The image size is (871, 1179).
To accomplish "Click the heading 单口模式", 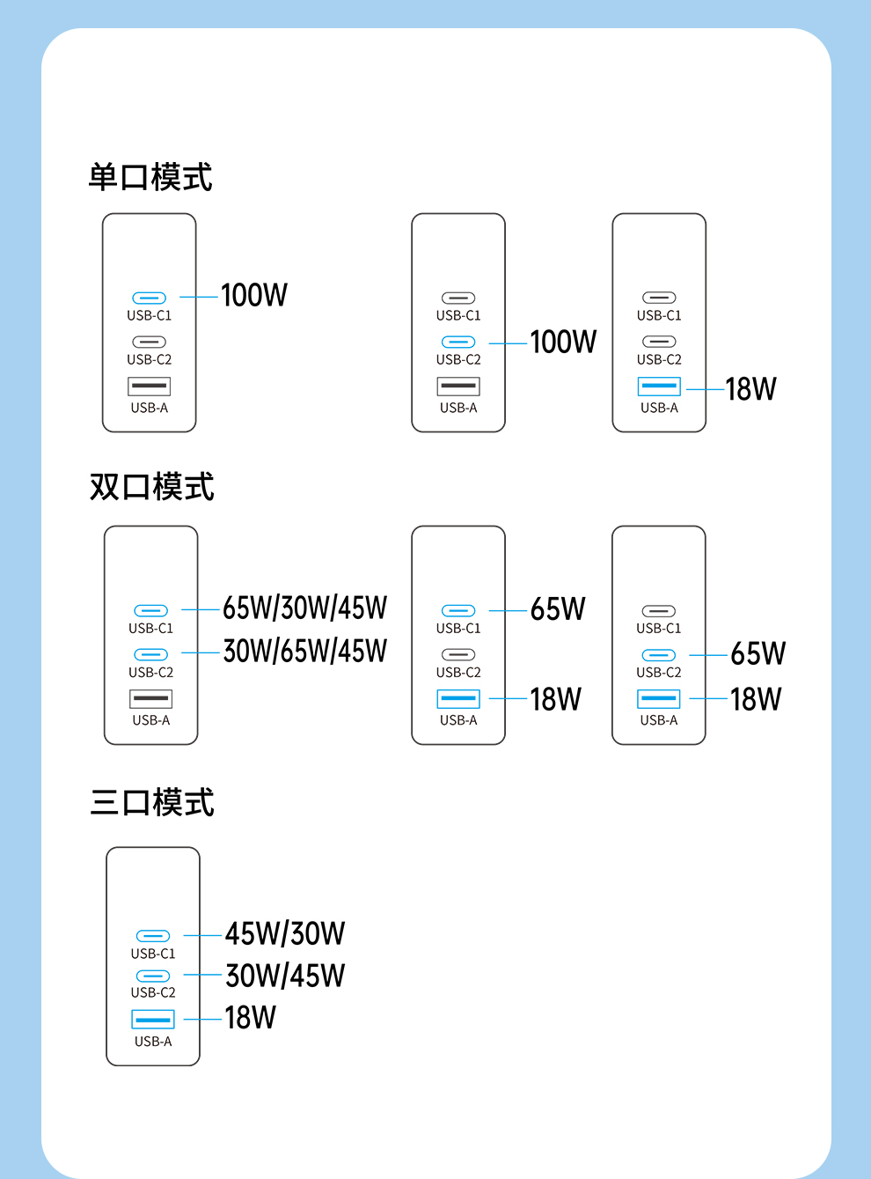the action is pos(150,177).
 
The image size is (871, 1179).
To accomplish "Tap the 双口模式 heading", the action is pos(151,486).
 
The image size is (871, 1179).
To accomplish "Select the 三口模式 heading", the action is pos(152,802).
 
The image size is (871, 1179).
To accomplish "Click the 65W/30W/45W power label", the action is pos(304,608).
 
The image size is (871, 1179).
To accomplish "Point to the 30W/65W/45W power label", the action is pos(304,652).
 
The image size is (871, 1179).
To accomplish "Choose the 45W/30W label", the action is pos(285,933).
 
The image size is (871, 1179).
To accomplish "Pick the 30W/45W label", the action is pos(285,976).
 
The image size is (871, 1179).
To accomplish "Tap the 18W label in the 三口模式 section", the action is pos(250,1018).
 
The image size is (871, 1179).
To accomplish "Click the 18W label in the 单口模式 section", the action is pos(750,388).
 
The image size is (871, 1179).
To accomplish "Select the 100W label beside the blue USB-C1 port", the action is pos(254,295).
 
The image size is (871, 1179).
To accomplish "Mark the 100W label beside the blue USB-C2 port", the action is pos(563,342).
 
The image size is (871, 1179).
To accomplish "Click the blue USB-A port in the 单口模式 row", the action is pos(659,387).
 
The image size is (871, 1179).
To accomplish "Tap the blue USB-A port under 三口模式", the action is pos(153,1019).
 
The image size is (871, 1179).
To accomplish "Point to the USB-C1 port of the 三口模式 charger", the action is pos(153,936).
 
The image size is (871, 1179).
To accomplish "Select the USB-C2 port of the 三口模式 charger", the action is pos(153,976).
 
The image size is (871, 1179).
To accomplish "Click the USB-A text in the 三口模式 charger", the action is pos(153,1042).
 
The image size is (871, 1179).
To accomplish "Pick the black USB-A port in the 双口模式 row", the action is pos(150,699).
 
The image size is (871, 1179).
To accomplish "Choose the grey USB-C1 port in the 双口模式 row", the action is pos(659,611).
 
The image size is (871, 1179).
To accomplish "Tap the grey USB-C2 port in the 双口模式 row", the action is pos(458,654).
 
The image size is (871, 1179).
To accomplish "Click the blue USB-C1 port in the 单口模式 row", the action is pos(150,298).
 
